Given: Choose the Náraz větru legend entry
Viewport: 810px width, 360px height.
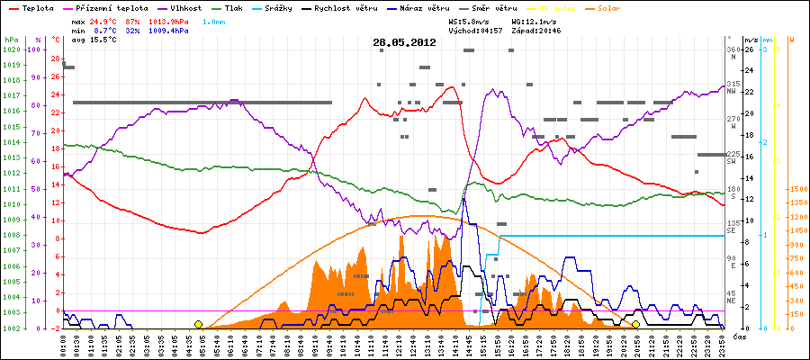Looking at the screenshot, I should pos(427,8).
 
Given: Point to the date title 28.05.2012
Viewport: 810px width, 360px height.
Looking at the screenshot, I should pos(405,42).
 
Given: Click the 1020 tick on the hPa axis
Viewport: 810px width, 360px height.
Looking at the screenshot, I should pos(11,49).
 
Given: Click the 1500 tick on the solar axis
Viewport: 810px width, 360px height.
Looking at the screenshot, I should pos(796,190).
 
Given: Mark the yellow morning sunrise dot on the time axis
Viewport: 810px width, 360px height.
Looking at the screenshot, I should pos(198,324).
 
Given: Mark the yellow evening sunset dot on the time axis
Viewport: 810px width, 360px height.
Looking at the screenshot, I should pos(635,324).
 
